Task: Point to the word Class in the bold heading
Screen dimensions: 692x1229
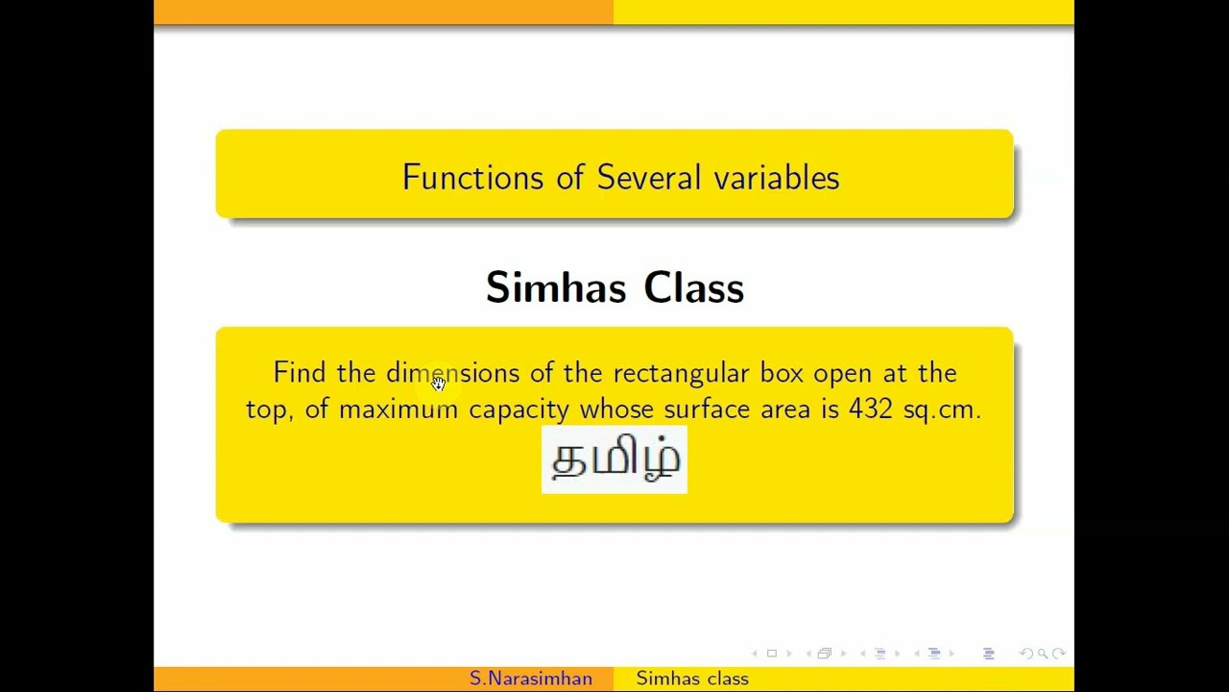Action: (694, 287)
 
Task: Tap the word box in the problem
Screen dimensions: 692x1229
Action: (782, 373)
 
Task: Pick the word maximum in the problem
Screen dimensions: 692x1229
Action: (398, 409)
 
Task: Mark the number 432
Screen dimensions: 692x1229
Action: (871, 409)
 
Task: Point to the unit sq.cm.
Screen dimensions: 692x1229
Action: (942, 410)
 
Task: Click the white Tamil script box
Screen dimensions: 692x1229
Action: (614, 459)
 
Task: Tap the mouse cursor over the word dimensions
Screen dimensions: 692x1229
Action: (439, 383)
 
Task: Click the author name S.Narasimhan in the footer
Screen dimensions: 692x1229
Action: (531, 679)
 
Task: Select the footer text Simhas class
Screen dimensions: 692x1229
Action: (692, 679)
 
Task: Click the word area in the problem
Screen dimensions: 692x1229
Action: (785, 410)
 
